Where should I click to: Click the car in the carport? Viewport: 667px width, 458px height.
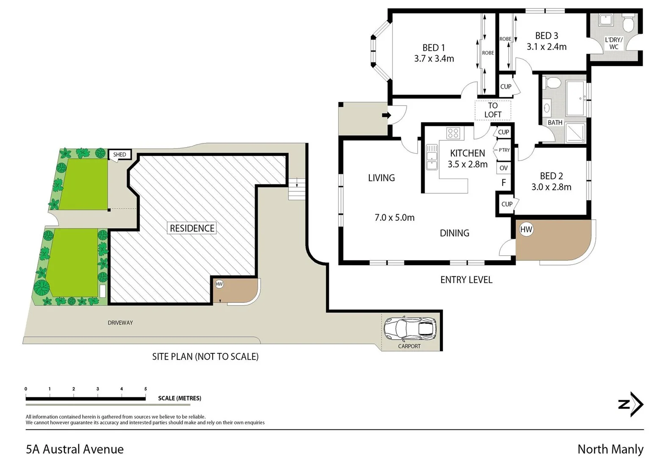coord(410,329)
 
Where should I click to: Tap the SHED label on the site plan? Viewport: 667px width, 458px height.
coord(119,155)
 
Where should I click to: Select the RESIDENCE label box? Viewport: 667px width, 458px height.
coord(192,228)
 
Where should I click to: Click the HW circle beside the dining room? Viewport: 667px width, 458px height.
coord(526,229)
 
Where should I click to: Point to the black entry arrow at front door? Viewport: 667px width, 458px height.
coord(386,115)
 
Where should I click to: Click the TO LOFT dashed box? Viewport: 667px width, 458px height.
coord(493,110)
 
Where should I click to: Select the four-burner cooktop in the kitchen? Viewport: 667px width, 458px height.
coord(453,133)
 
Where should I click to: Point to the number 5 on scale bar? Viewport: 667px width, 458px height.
coord(145,389)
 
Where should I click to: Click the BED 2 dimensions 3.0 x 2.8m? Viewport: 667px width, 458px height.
coord(551,187)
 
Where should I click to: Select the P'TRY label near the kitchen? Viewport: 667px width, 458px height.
coord(504,150)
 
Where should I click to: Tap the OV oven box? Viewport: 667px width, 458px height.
coord(503,168)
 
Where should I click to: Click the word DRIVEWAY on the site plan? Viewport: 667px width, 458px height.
coord(120,323)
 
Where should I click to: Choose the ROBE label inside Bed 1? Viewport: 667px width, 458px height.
coord(488,53)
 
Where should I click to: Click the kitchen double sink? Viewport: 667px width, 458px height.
coord(432,157)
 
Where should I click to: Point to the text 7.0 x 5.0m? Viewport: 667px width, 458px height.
coord(394,218)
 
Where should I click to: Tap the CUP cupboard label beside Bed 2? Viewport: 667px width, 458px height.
coord(506,204)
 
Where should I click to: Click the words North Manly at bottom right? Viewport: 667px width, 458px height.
coord(610,449)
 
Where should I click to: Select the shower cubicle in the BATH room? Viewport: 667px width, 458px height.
coord(576,132)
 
